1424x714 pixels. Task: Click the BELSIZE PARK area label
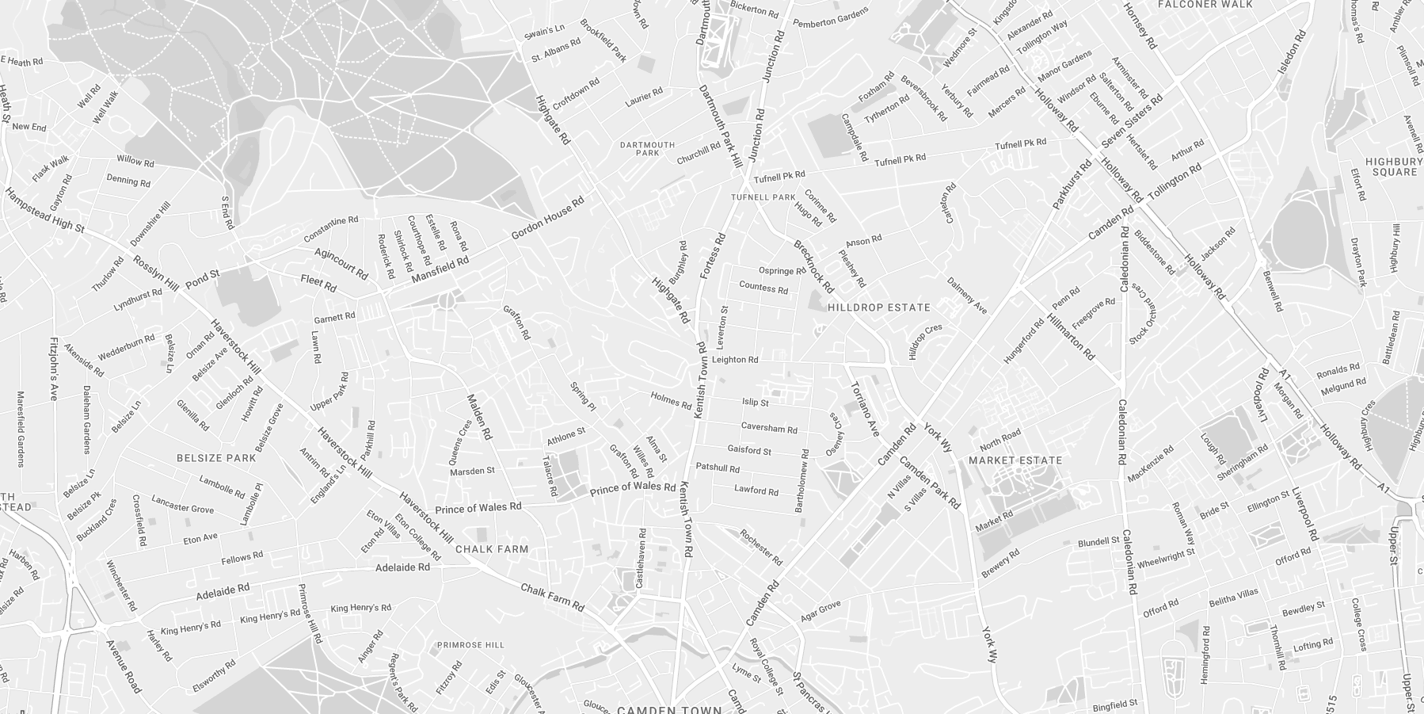click(x=216, y=458)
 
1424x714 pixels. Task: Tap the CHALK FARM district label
click(x=492, y=549)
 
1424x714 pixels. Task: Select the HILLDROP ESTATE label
click(x=879, y=307)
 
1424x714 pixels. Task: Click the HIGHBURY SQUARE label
click(x=1395, y=166)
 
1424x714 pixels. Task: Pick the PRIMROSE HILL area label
click(x=470, y=645)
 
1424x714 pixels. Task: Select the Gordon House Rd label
click(x=547, y=218)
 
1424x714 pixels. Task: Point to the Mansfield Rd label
click(x=440, y=269)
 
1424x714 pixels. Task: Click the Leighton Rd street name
click(x=735, y=360)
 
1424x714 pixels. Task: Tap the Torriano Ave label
click(x=865, y=409)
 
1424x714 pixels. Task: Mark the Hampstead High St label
click(x=44, y=211)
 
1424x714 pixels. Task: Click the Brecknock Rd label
click(x=814, y=267)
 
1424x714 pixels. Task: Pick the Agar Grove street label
click(x=821, y=611)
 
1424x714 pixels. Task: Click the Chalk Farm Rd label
click(x=552, y=597)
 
